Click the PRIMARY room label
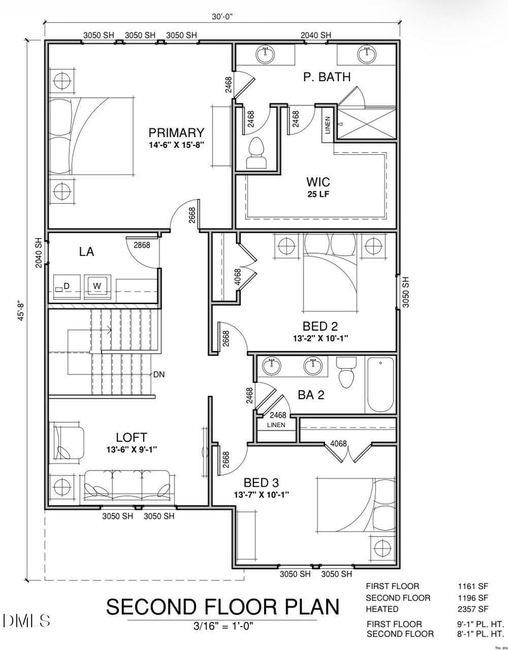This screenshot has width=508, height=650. click(x=176, y=133)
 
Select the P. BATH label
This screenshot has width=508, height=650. click(x=327, y=77)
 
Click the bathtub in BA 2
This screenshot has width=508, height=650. click(x=380, y=385)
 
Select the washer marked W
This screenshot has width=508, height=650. click(x=97, y=286)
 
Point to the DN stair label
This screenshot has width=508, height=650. click(x=159, y=375)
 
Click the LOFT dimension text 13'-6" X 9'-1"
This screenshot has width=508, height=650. click(x=131, y=449)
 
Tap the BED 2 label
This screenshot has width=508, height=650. click(x=320, y=327)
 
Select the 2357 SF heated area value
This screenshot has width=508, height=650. click(x=473, y=609)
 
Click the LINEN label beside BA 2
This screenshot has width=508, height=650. click(x=276, y=425)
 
